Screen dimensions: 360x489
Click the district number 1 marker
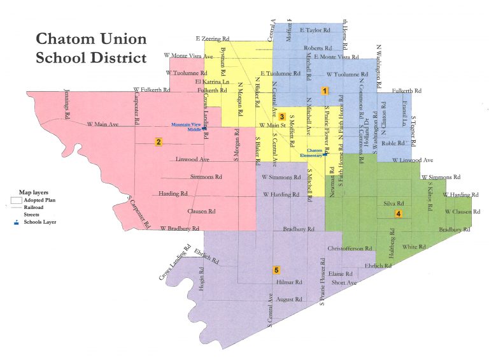click(324, 91)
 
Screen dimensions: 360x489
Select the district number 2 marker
click(158, 141)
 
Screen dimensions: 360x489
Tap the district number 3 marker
click(281, 117)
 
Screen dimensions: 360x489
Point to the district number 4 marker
click(398, 214)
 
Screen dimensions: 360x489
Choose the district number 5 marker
click(276, 270)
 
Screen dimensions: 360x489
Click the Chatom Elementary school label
click(311, 152)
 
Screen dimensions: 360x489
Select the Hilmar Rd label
click(290, 282)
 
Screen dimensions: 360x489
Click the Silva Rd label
click(393, 203)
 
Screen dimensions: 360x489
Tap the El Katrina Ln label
click(213, 82)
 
